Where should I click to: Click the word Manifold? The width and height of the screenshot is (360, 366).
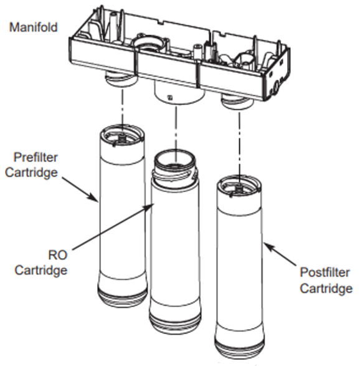pyautogui.click(x=34, y=27)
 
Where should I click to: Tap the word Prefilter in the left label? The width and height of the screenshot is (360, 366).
pyautogui.click(x=36, y=157)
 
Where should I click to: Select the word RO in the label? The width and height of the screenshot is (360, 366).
pyautogui.click(x=58, y=255)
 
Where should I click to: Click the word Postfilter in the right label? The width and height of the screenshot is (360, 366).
pyautogui.click(x=324, y=272)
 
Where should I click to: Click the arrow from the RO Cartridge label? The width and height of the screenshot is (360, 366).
pyautogui.click(x=113, y=227)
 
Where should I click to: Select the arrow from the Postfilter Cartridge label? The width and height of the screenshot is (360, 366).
pyautogui.click(x=280, y=254)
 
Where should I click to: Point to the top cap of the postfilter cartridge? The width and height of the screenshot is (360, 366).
pyautogui.click(x=239, y=186)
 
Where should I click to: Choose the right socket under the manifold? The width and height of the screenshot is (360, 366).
pyautogui.click(x=238, y=101)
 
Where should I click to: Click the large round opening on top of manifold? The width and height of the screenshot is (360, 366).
pyautogui.click(x=148, y=44)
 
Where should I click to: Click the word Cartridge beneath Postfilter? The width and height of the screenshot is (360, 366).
pyautogui.click(x=326, y=288)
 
